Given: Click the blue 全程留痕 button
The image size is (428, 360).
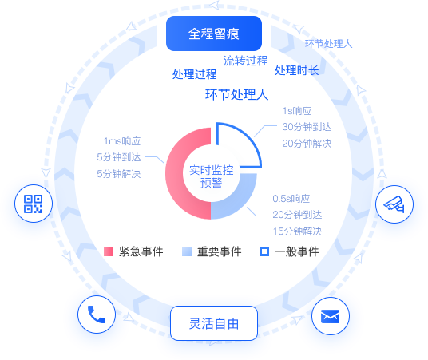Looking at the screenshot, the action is (214, 34).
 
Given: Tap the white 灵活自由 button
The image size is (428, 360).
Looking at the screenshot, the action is (214, 323).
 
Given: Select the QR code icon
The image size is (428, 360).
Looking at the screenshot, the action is (34, 204).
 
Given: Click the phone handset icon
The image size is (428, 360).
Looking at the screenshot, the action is (97, 315).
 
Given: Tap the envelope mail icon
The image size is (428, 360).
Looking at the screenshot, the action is (331, 316).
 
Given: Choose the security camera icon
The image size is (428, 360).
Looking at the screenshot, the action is (394, 204).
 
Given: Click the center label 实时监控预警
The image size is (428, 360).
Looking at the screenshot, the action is (212, 176).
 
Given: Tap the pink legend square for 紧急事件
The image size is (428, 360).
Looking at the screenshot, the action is (109, 251).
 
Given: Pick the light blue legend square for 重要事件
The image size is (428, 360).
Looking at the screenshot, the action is (187, 251).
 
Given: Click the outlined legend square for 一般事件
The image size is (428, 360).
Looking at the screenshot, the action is (264, 251).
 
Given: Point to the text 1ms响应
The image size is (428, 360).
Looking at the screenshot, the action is (122, 141).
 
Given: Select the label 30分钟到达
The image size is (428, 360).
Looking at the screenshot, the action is (307, 127).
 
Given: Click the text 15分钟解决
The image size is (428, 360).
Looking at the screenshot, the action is (298, 231).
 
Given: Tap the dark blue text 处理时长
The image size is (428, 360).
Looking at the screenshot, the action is (297, 70).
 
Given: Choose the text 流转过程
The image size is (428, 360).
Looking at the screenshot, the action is (246, 61).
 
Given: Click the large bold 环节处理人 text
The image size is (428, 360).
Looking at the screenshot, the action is (237, 95).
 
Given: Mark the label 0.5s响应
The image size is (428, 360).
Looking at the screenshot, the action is (291, 199).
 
